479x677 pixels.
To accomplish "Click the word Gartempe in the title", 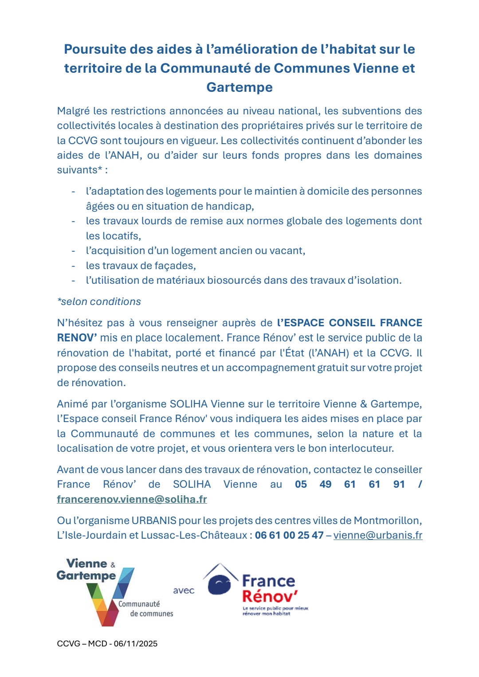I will coord(239,87).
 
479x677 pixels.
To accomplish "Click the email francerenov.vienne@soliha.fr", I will coord(132,499).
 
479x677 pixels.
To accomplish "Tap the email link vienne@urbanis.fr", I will coord(378,535).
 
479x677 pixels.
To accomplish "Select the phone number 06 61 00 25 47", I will coord(289,535).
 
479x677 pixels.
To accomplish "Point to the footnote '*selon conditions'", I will coord(99,301).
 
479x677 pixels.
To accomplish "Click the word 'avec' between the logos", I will coord(184,591).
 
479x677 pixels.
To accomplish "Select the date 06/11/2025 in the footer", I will coord(136,644).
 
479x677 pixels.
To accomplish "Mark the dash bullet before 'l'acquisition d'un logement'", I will coord(73,251).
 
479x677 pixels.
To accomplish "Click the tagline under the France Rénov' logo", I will coord(275,611).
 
